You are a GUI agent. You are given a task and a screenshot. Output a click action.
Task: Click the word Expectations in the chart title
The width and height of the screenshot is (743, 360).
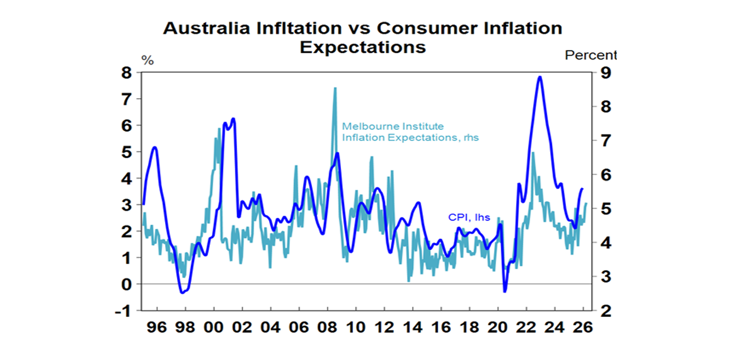pos(363,47)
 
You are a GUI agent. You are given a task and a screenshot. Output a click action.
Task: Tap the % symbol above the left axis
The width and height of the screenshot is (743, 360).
pos(147,61)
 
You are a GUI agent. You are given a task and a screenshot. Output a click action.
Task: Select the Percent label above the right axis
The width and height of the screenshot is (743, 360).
pos(591,55)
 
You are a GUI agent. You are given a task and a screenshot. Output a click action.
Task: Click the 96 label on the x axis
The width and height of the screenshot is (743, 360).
pos(156,327)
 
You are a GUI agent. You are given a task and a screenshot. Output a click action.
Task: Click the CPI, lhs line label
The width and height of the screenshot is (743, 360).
pos(469,218)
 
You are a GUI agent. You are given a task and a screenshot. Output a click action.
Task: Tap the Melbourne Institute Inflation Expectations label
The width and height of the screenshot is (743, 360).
pos(410,132)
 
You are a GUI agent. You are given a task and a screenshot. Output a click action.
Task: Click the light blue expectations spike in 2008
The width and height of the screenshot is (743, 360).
pos(334,89)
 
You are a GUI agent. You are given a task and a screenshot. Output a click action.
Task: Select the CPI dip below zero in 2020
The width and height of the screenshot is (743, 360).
pos(505,291)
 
